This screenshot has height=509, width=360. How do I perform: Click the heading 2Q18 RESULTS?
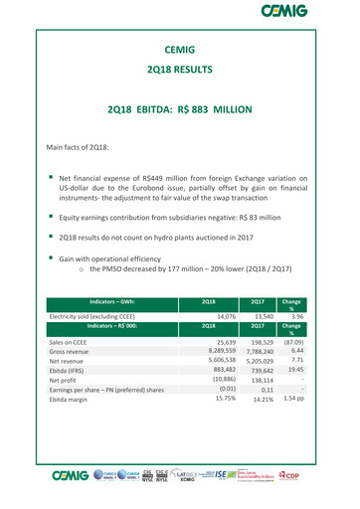pyautogui.click(x=180, y=85)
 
